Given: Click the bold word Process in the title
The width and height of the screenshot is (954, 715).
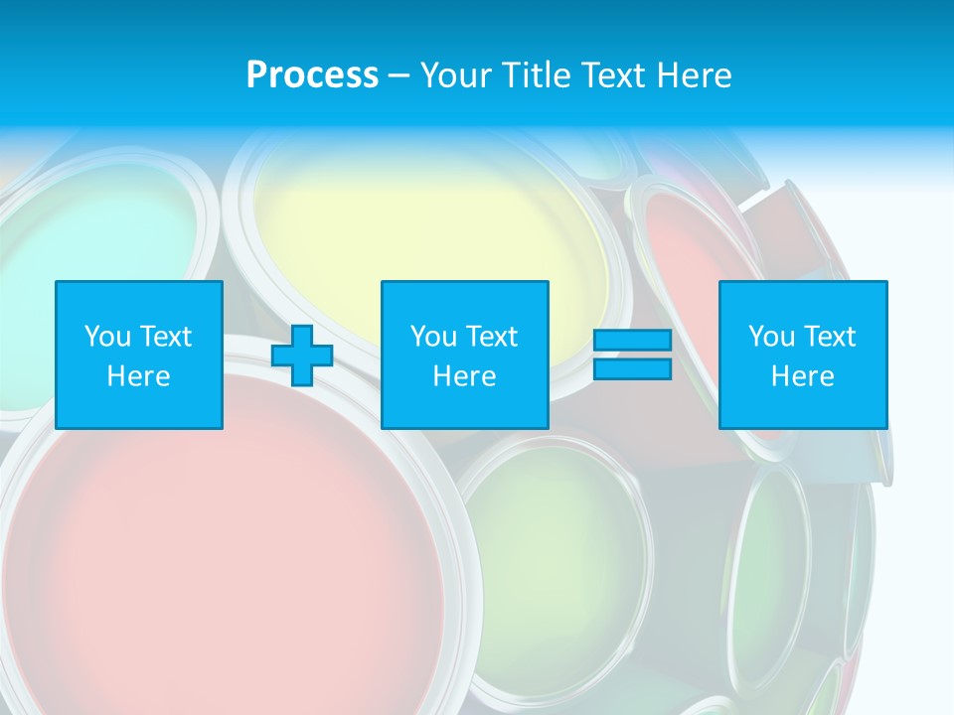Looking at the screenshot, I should tap(312, 75).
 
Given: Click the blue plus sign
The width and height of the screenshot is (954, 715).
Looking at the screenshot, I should tap(302, 356).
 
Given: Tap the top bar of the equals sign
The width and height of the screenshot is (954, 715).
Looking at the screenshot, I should tap(632, 341).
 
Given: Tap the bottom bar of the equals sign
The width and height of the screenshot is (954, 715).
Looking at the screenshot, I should tap(632, 369).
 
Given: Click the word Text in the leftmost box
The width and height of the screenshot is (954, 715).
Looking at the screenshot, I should tap(166, 337).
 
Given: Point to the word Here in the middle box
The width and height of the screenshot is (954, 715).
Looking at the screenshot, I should tap(464, 376).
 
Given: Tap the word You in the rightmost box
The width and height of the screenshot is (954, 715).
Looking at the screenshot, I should tap(771, 337).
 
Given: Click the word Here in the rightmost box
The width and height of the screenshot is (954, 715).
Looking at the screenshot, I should tap(803, 376).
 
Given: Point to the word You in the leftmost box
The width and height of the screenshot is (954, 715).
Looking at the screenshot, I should tap(107, 337).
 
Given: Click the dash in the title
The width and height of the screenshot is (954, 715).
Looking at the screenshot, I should tap(399, 75).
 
